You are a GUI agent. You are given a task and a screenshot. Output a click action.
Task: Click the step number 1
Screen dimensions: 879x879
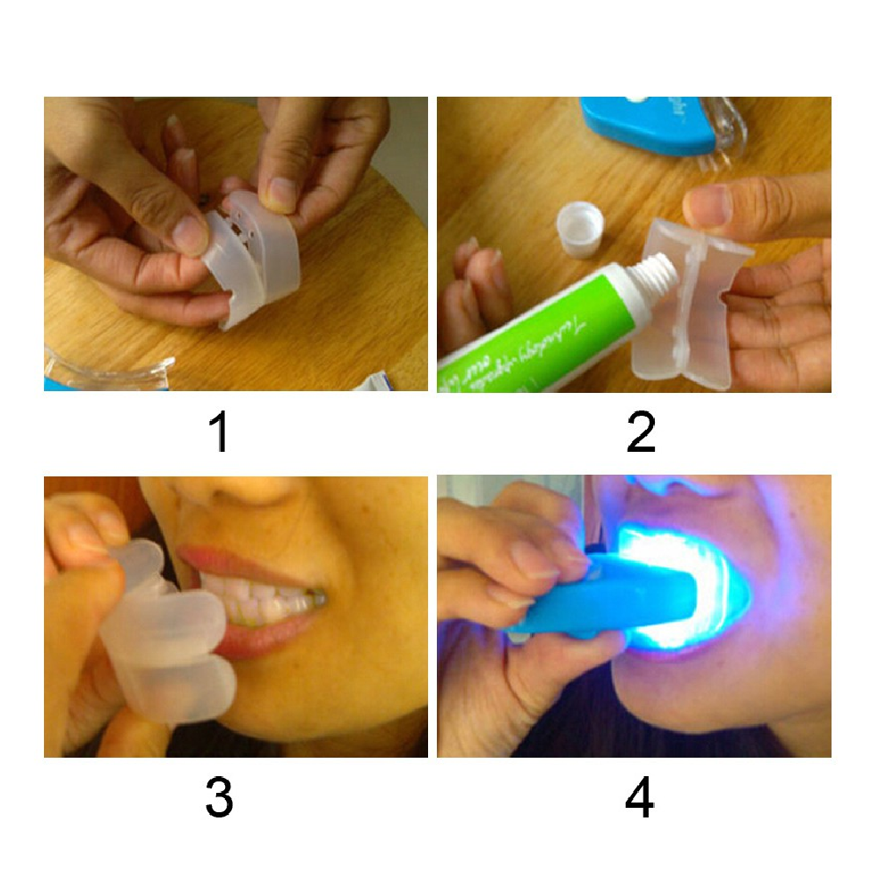(219, 432)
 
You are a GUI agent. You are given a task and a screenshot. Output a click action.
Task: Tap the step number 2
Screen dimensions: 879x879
(641, 432)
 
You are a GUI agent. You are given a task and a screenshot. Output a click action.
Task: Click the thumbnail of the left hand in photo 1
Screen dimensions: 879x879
(189, 233)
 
